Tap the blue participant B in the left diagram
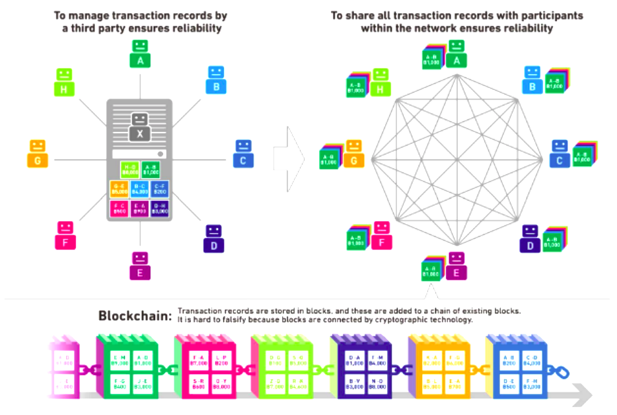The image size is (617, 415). pyautogui.click(x=216, y=80)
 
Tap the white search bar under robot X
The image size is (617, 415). pyautogui.click(x=139, y=154)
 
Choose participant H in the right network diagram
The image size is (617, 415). pyautogui.click(x=380, y=82)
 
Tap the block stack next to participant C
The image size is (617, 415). pyautogui.click(x=584, y=156)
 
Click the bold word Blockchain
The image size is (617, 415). pyautogui.click(x=135, y=315)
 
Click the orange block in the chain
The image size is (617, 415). pyautogui.click(x=441, y=367)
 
